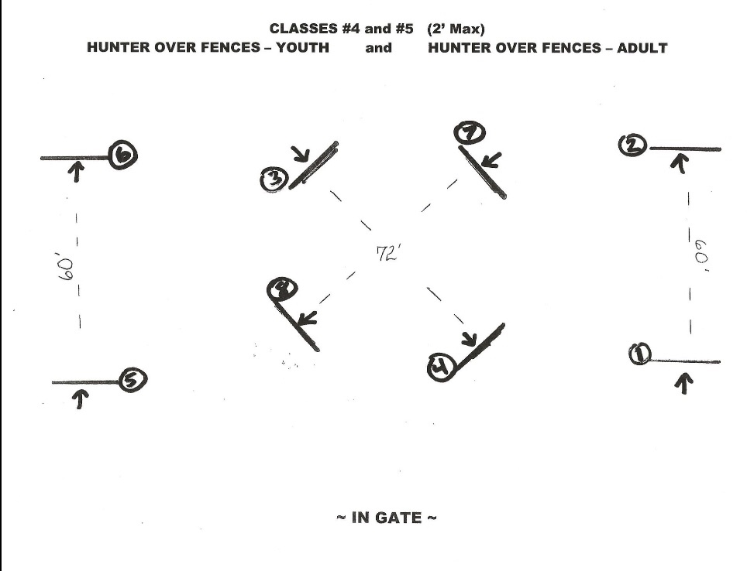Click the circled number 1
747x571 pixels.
tap(640, 355)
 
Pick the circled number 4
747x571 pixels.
tap(440, 368)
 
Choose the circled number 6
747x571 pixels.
tap(123, 156)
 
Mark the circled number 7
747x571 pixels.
tap(469, 134)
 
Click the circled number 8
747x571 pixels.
tap(280, 290)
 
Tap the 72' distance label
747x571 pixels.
tap(387, 255)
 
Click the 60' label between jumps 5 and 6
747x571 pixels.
tap(67, 268)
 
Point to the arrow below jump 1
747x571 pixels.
tap(683, 382)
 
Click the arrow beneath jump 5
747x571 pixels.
tap(81, 398)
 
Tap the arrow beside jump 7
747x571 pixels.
tap(490, 161)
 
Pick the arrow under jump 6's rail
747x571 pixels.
tap(76, 172)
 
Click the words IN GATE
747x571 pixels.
tap(386, 518)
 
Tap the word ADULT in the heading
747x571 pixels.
tap(642, 48)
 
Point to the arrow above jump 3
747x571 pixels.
tap(301, 155)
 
